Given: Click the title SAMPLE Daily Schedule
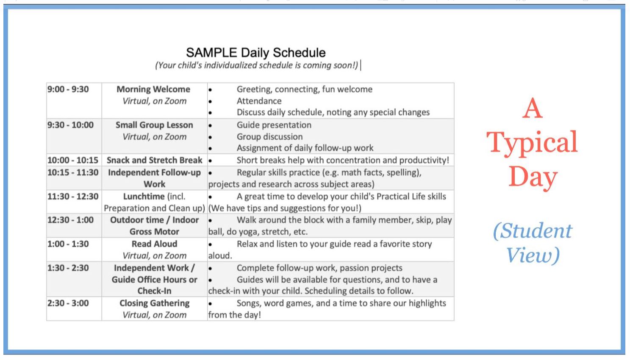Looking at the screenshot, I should coord(255,53).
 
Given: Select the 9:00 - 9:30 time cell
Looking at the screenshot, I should coord(68,89).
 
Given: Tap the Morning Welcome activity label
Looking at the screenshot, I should coord(153,89).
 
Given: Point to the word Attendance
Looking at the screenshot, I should coord(259,101).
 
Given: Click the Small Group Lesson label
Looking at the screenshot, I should coord(154,125).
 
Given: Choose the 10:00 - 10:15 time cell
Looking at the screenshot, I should coord(73,160).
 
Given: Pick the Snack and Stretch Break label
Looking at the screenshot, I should coord(154,160).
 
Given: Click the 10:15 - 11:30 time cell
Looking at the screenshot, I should coord(73,172).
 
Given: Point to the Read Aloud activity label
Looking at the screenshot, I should coord(154,244).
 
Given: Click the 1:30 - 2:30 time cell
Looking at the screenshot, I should coord(68,268).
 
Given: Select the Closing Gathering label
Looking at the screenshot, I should coord(154,303).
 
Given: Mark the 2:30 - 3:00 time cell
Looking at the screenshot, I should coord(68,303).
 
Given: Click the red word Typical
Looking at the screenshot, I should coord(532,143).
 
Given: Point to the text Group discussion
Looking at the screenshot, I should coord(269,137).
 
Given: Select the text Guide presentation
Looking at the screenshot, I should coord(274,125).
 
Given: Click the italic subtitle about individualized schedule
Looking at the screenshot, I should coord(256,65).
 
